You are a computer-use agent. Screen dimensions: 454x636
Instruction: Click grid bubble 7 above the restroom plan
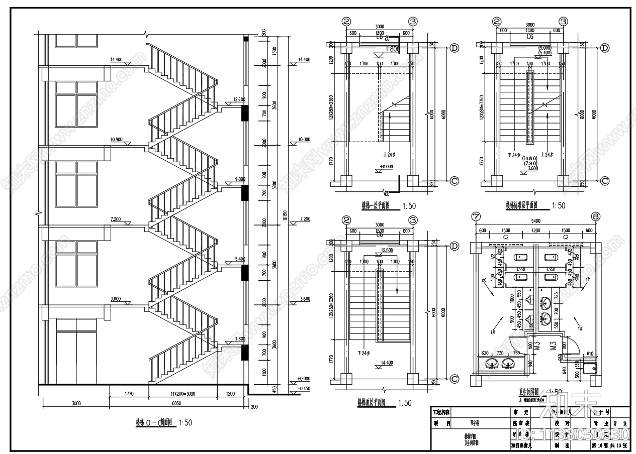[x=475, y=217]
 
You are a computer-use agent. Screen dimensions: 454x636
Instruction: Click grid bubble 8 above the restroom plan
[x=596, y=217]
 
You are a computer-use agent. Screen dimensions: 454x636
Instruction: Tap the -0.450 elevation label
[x=304, y=389]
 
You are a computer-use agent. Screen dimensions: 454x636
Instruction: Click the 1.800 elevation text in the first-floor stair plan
[x=393, y=50]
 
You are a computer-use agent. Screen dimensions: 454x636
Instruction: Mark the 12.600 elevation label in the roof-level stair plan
[x=387, y=251]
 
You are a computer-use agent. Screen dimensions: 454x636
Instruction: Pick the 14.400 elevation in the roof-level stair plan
[x=387, y=362]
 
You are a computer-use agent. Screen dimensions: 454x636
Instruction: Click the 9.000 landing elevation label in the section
[x=239, y=179]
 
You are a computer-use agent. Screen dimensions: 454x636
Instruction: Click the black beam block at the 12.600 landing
[x=245, y=112]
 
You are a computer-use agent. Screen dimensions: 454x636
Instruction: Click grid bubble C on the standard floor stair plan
[x=605, y=181]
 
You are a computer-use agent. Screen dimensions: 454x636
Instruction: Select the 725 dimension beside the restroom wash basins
[x=557, y=295]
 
